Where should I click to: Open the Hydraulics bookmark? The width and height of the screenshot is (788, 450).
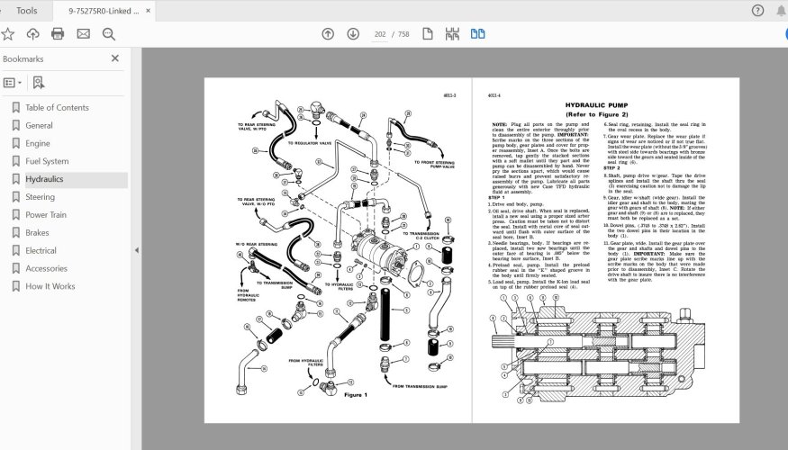[44, 179]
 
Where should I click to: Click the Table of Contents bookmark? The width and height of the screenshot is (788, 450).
[57, 108]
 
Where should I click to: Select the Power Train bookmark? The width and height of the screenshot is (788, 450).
[45, 215]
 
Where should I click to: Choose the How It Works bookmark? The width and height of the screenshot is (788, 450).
[50, 286]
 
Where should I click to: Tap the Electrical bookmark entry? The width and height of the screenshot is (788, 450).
[41, 250]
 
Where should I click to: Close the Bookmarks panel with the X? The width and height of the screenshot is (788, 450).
[115, 58]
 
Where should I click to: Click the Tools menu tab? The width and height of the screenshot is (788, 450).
[27, 11]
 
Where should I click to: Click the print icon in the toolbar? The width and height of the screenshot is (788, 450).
[58, 34]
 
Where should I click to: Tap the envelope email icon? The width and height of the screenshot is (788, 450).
[83, 34]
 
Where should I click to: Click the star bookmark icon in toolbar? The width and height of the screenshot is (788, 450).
[8, 34]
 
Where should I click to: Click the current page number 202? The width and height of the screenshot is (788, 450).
[380, 34]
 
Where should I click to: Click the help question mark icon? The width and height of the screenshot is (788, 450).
[757, 11]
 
